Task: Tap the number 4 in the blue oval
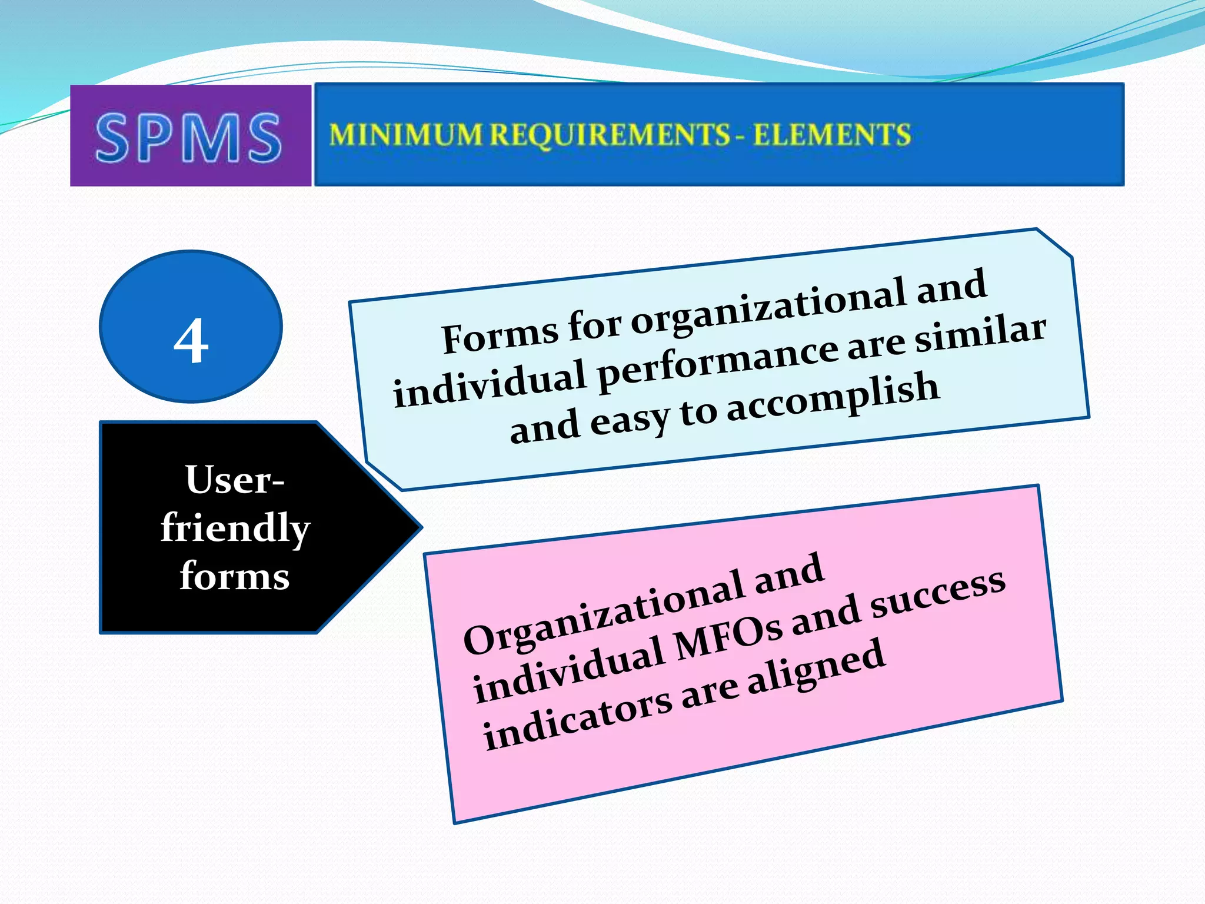[191, 341]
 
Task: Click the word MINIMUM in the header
[405, 135]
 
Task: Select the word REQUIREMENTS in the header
[610, 135]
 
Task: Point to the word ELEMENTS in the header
[832, 135]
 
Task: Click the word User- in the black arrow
[235, 480]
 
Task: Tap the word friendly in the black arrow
[235, 528]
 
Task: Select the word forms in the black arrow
[235, 575]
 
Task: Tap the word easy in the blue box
[630, 420]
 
